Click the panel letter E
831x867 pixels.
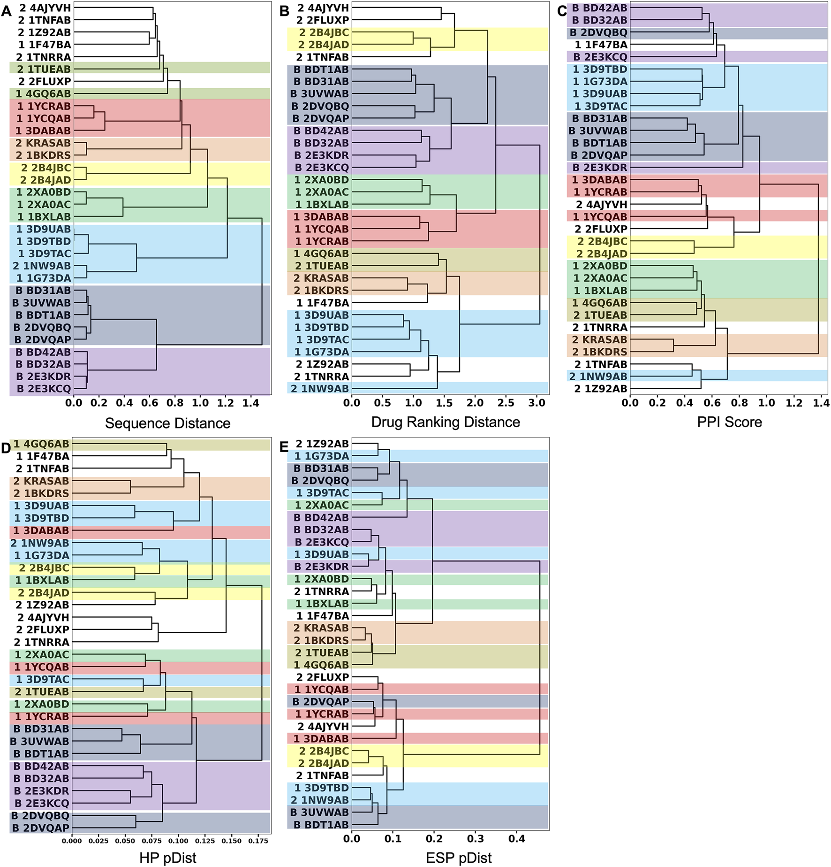click(x=284, y=446)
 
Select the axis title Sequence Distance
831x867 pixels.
click(x=167, y=423)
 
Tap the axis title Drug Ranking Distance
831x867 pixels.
click(x=445, y=422)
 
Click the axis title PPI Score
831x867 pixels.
click(x=729, y=422)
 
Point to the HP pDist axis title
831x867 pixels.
click(x=167, y=858)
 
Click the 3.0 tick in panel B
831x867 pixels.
click(x=536, y=403)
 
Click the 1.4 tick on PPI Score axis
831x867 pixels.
click(x=821, y=403)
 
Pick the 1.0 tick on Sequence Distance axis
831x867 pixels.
click(x=200, y=403)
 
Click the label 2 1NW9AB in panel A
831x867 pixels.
click(x=42, y=266)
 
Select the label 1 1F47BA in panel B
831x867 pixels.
click(x=323, y=303)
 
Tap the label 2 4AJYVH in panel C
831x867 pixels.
click(x=601, y=204)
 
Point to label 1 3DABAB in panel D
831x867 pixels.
click(x=41, y=530)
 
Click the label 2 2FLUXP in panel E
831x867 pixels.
click(x=323, y=677)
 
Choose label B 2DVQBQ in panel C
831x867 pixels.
click(x=598, y=32)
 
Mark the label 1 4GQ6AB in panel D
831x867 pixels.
click(x=41, y=444)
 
